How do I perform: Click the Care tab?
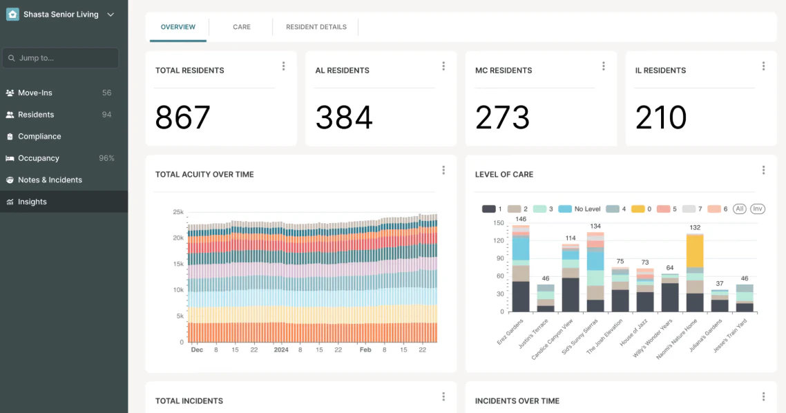pyautogui.click(x=241, y=27)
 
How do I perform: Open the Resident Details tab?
pyautogui.click(x=316, y=27)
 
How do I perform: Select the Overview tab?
pyautogui.click(x=178, y=27)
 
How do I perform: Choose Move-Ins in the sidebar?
pyautogui.click(x=35, y=93)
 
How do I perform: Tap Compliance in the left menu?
pyautogui.click(x=39, y=136)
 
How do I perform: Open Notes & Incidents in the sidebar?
pyautogui.click(x=50, y=180)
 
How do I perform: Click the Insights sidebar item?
pyautogui.click(x=32, y=202)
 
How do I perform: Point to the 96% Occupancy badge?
pyautogui.click(x=106, y=158)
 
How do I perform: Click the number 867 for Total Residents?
pyautogui.click(x=182, y=117)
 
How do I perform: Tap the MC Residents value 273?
pyautogui.click(x=502, y=117)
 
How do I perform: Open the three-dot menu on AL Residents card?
pyautogui.click(x=443, y=66)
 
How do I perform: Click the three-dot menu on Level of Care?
pyautogui.click(x=763, y=170)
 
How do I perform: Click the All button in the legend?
pyautogui.click(x=740, y=209)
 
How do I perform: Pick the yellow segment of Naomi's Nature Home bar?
pyautogui.click(x=694, y=251)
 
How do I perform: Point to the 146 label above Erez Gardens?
pyautogui.click(x=520, y=219)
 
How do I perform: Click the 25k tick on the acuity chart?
pyautogui.click(x=178, y=212)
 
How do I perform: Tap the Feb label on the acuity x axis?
pyautogui.click(x=365, y=350)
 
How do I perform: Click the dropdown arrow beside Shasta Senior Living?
pyautogui.click(x=111, y=14)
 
